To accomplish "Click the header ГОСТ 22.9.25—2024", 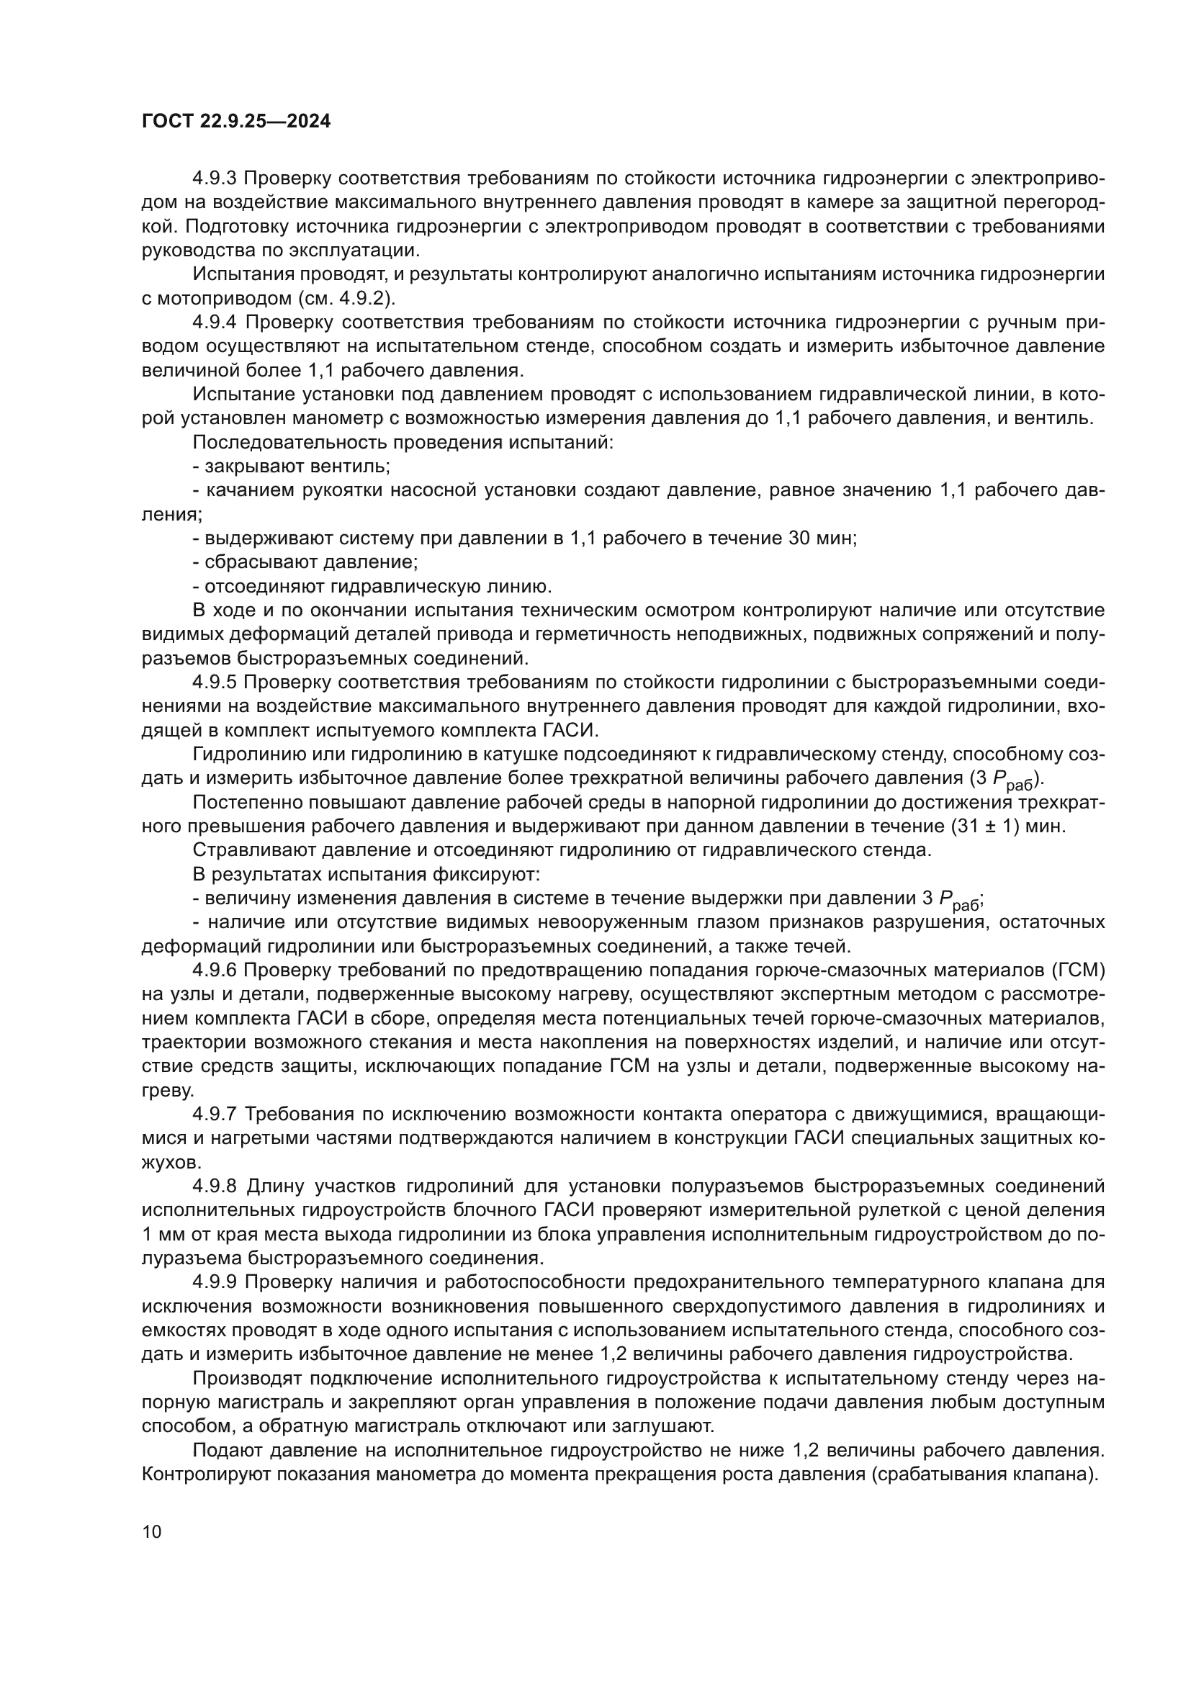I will click(235, 122).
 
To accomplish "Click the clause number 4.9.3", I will click(215, 179).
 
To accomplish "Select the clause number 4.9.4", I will click(215, 322).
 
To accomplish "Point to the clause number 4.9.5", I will click(215, 682).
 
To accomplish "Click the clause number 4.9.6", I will click(215, 971).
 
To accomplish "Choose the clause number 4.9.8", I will click(215, 1187).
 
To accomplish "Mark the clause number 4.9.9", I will click(215, 1282).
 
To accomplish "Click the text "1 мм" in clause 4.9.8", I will click(160, 1235).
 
